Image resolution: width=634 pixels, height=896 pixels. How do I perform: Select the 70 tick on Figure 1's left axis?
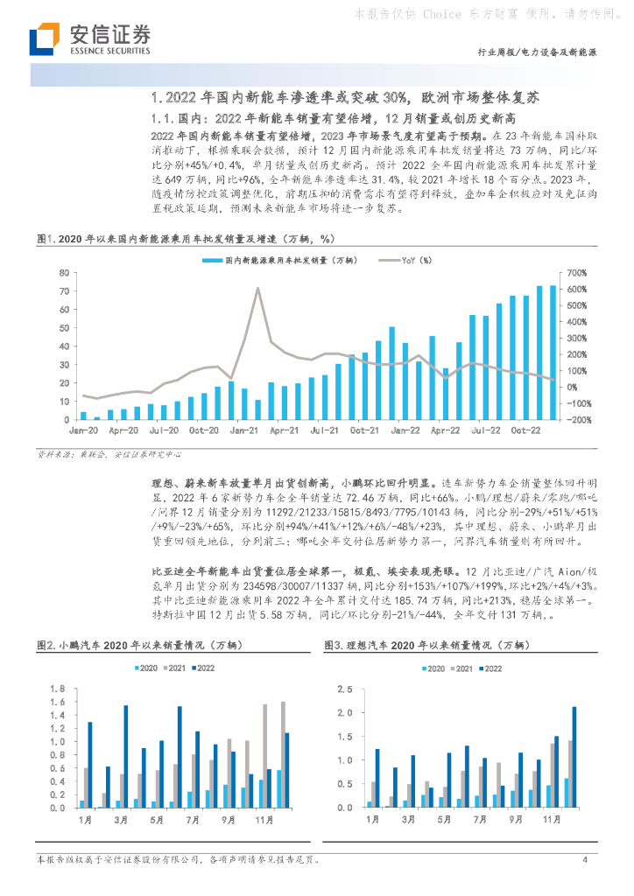(65, 273)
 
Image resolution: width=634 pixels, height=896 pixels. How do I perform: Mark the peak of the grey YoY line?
(257, 289)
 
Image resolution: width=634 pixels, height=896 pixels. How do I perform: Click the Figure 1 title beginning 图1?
(185, 238)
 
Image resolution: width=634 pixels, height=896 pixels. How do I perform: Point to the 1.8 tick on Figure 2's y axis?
(60, 686)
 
